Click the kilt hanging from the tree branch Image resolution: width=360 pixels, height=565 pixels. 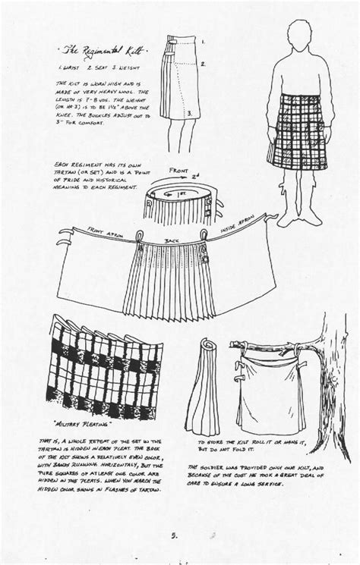279,384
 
